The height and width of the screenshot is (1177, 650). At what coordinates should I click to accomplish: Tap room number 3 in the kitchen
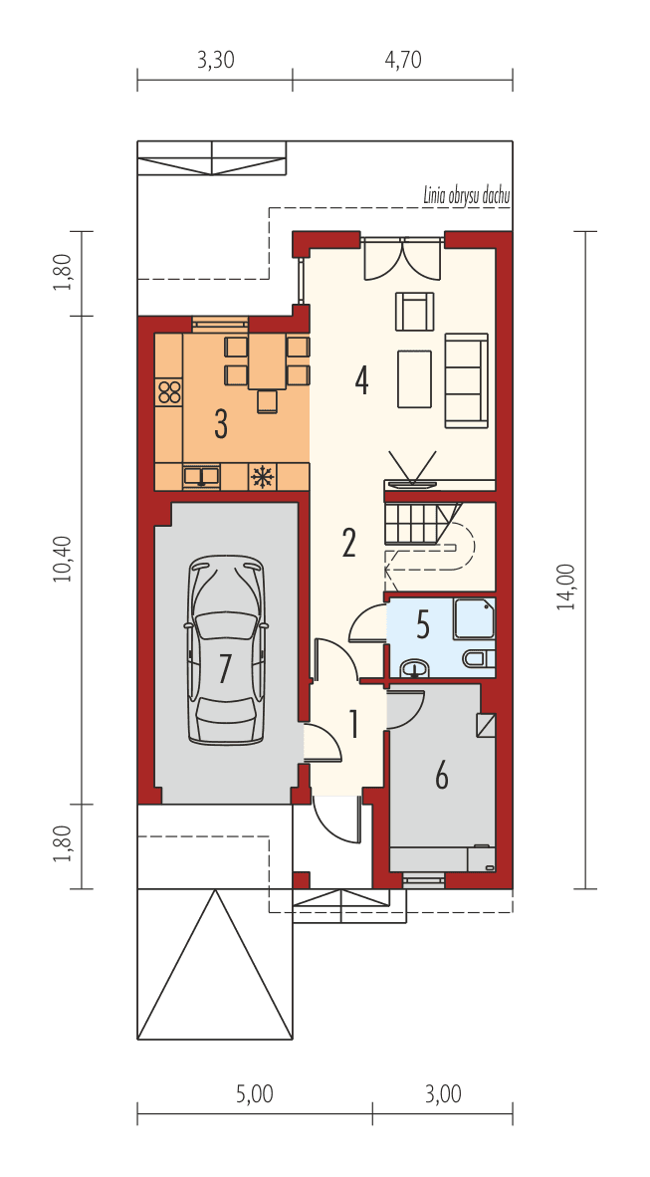pos(221,424)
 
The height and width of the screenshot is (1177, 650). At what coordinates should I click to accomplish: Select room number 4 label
pos(361,379)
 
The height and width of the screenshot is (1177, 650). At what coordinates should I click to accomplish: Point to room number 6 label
pos(441,774)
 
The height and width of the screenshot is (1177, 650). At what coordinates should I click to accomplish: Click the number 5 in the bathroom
pos(423,626)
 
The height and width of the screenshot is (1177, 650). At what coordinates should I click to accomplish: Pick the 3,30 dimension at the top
pos(215,60)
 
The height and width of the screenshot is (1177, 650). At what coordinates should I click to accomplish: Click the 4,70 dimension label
pos(403,60)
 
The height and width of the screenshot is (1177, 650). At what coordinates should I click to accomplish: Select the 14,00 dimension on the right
pos(565,586)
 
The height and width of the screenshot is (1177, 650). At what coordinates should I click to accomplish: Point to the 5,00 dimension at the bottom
pos(255,1094)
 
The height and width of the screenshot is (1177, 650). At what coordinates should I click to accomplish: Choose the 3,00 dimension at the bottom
pos(443,1094)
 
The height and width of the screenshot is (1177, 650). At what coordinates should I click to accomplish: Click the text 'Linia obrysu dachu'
pos(466,196)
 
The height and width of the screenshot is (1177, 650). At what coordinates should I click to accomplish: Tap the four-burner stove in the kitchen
pos(169,391)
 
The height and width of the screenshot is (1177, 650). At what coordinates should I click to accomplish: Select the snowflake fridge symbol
pos(263,477)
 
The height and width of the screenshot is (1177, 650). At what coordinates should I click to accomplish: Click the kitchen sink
pos(202,477)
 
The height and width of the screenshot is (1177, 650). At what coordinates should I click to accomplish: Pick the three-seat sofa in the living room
pos(466,379)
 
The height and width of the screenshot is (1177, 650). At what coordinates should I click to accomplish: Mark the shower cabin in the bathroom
pos(475,618)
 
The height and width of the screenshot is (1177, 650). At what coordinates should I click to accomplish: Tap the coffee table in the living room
pos(414,378)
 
